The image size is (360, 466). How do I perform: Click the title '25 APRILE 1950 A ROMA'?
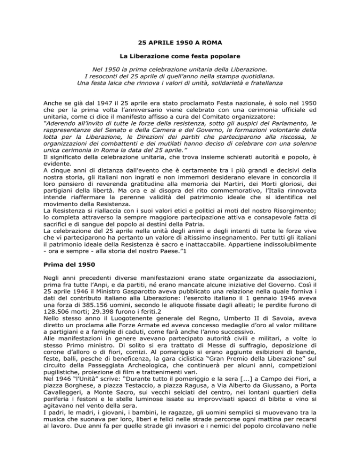pos(180,47)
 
